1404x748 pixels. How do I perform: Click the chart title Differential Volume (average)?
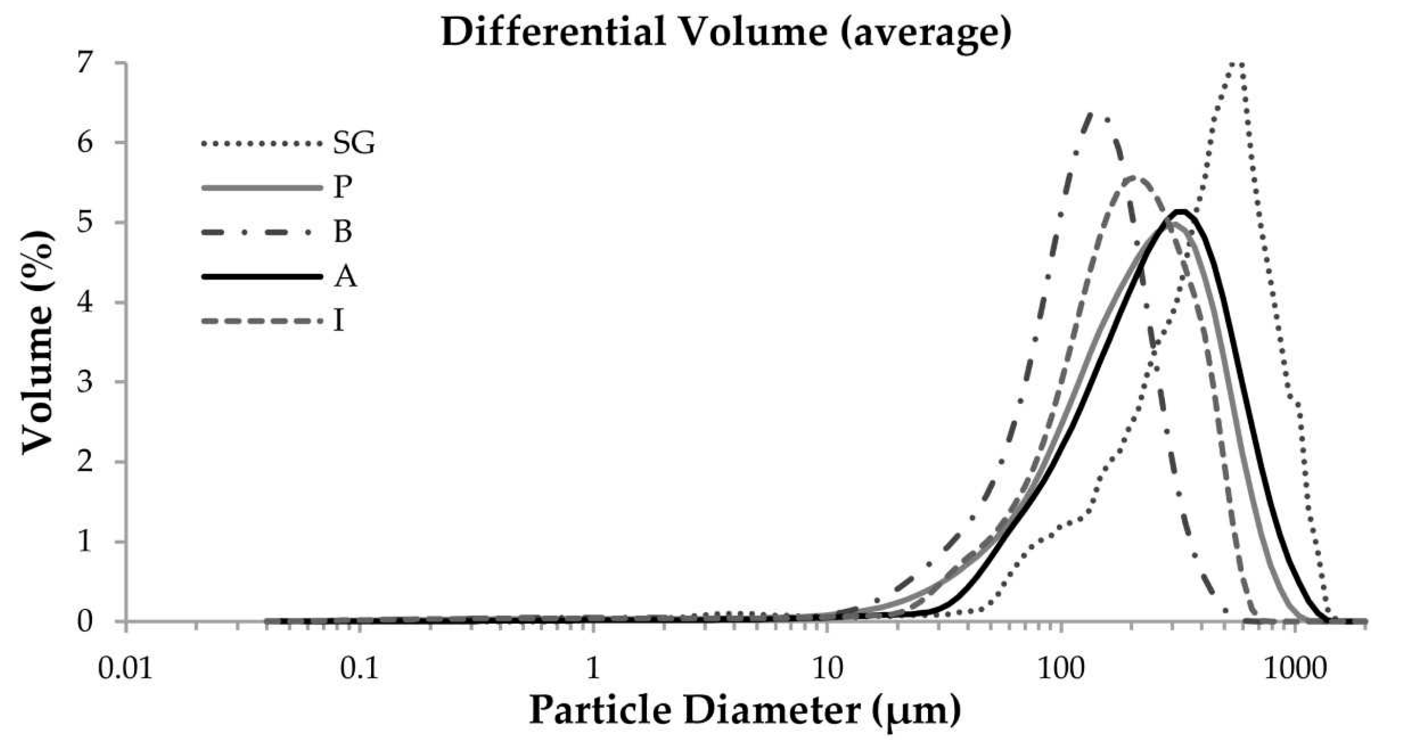tap(726, 32)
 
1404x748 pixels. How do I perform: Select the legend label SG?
tap(353, 144)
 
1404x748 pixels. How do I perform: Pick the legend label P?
tap(342, 187)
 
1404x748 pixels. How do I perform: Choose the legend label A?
tap(345, 276)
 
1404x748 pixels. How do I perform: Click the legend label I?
tap(339, 320)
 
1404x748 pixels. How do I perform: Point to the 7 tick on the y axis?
tap(84, 63)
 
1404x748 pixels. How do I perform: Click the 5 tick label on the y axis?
tap(84, 222)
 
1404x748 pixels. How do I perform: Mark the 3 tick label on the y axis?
tap(84, 382)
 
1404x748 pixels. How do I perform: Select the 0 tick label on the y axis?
tap(84, 622)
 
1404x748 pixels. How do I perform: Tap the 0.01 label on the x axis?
tap(125, 669)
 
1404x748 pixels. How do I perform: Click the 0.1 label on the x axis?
tap(359, 669)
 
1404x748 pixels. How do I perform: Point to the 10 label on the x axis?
tap(827, 669)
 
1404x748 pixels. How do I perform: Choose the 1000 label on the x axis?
tap(1295, 669)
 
